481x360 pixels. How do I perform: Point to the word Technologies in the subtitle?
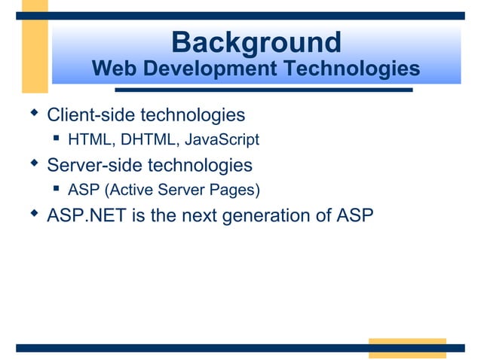(x=351, y=69)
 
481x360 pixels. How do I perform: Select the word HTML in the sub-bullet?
(x=89, y=139)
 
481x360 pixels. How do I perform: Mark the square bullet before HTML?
(x=57, y=139)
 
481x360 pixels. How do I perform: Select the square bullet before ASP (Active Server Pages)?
(x=57, y=188)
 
